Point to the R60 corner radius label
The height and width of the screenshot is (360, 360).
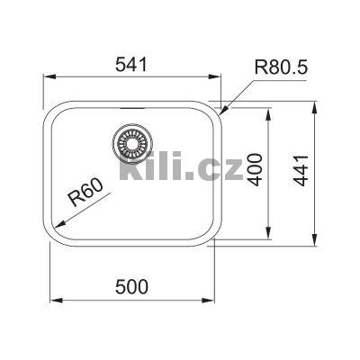coord(87,196)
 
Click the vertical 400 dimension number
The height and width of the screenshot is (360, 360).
coord(256,170)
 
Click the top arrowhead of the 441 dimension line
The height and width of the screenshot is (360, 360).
coord(314,103)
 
